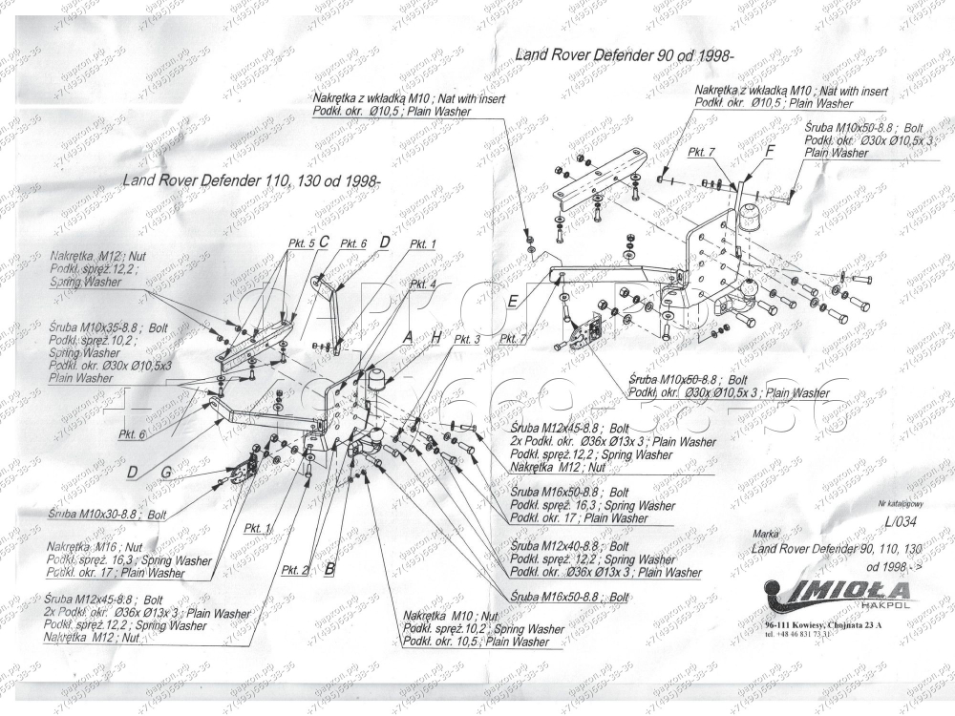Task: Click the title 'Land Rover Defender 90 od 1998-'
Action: [x=629, y=55]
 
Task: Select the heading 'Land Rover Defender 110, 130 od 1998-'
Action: [x=251, y=180]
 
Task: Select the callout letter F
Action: [x=770, y=151]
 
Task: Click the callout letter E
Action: [x=513, y=302]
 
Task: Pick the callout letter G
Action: [x=165, y=472]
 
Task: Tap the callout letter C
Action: [x=324, y=242]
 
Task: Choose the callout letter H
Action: [x=436, y=338]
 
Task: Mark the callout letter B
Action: [x=329, y=569]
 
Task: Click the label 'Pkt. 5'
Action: [x=301, y=244]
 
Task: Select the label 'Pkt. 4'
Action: [x=423, y=284]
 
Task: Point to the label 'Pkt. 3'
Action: [x=467, y=339]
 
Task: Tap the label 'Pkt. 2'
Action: [x=295, y=570]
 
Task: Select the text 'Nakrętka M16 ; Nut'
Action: [x=95, y=547]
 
